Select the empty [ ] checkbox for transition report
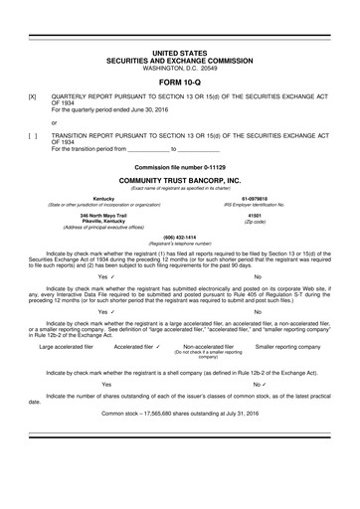(x=34, y=134)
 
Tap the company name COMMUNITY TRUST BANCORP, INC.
(x=179, y=180)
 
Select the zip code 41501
(x=256, y=214)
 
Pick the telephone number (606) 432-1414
(x=179, y=238)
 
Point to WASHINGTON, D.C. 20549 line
(x=179, y=67)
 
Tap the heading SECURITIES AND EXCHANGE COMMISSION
(x=179, y=60)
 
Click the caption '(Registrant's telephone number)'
(x=179, y=244)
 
